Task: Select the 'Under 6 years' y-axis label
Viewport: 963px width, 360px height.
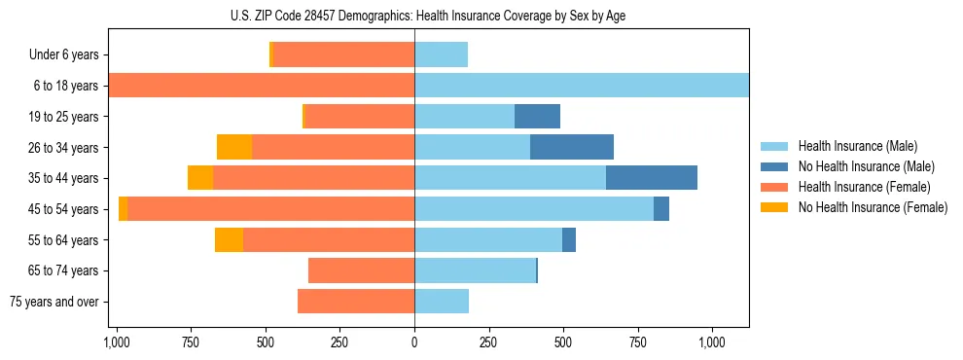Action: tap(63, 55)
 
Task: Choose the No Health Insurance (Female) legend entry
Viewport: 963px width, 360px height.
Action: tap(873, 207)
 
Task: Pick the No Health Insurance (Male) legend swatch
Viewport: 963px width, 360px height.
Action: tap(775, 166)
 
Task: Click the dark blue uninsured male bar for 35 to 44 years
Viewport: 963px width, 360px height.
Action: tap(651, 178)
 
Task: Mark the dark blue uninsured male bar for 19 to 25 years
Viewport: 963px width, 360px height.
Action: tap(537, 117)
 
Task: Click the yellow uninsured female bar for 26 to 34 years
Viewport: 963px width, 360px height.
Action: tap(234, 147)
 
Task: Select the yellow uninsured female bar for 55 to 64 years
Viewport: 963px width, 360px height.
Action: tap(229, 240)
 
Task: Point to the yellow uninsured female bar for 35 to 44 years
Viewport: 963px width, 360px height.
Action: tap(200, 178)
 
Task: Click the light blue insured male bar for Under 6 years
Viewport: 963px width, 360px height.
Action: tap(441, 54)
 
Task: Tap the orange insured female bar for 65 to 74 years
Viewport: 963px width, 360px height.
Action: tap(361, 270)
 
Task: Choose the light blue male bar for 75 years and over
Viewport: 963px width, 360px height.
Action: tap(442, 302)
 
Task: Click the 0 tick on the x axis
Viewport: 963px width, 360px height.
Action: tap(414, 342)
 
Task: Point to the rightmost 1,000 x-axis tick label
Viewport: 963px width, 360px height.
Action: tap(712, 342)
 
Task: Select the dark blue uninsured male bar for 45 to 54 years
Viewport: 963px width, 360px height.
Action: tap(660, 209)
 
